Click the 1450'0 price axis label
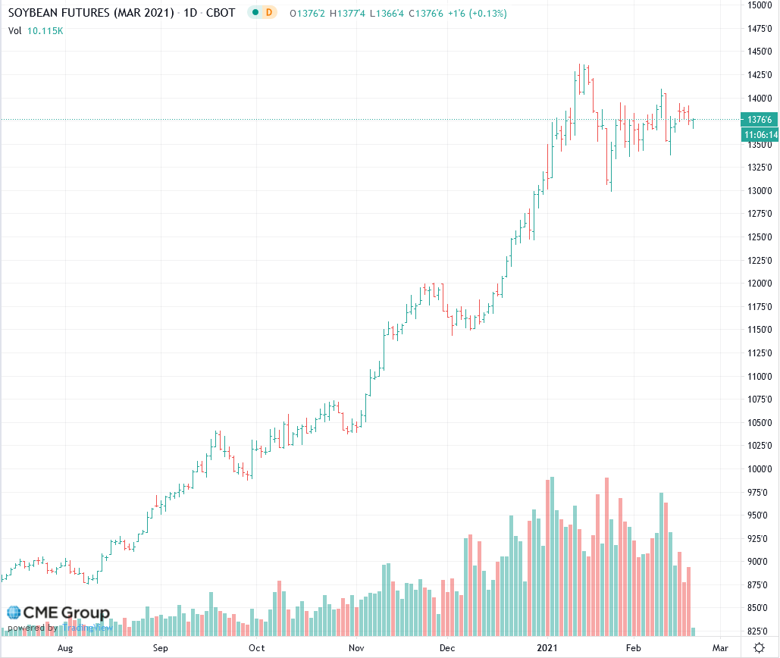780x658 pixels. click(760, 52)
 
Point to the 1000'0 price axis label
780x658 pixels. click(760, 469)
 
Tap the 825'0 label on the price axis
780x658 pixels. click(760, 631)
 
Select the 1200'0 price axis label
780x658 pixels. click(760, 284)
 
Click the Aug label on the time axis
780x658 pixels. click(65, 648)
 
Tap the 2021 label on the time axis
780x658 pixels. click(547, 648)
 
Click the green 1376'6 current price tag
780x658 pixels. click(760, 120)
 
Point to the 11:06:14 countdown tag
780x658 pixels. click(760, 134)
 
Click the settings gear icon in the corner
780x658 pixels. click(759, 647)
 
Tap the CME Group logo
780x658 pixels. click(58, 613)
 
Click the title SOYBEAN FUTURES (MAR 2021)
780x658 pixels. click(91, 14)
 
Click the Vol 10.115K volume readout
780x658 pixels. click(36, 31)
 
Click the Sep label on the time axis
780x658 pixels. click(160, 648)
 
